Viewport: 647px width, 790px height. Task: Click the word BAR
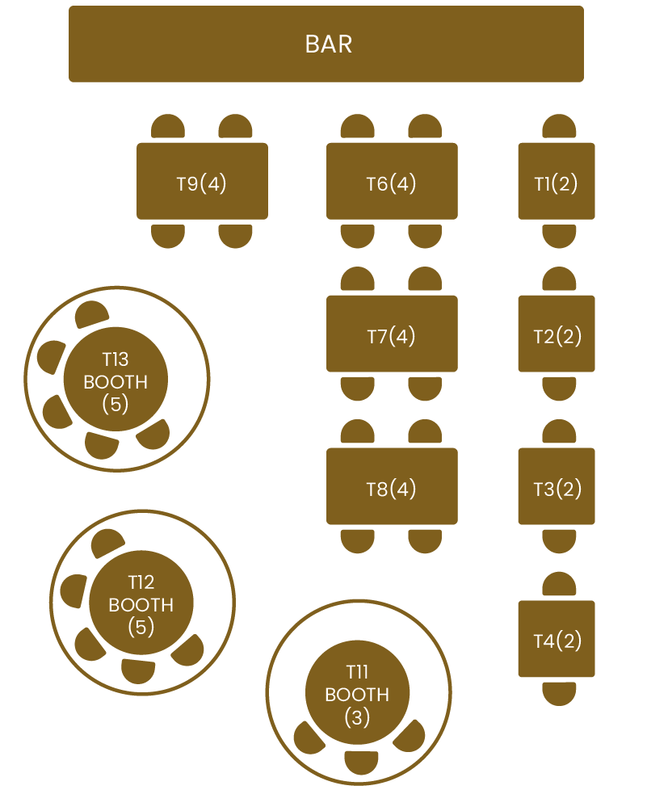(328, 44)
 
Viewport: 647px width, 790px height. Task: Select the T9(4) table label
(201, 183)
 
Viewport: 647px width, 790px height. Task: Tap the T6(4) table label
(391, 183)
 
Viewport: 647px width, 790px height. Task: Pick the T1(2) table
(556, 182)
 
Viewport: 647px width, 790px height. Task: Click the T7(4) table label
(391, 336)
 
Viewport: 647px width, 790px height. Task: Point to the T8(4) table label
(391, 489)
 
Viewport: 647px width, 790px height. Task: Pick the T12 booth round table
(141, 603)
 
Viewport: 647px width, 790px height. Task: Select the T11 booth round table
(357, 693)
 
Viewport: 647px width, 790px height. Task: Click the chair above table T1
(559, 128)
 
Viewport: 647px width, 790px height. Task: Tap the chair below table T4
(559, 692)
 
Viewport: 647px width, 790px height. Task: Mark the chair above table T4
(559, 585)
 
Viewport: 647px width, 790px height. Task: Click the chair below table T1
(559, 235)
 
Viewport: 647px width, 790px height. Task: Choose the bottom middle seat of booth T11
(361, 762)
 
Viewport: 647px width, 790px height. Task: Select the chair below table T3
(559, 540)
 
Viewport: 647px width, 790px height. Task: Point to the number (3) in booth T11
(357, 716)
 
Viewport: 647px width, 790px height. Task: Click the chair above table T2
(559, 280)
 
